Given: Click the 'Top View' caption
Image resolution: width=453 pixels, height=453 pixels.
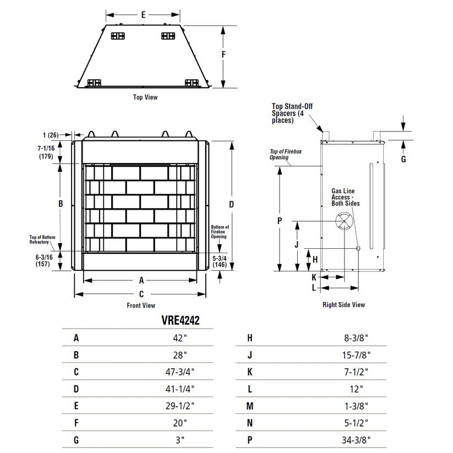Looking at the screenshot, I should [x=145, y=97].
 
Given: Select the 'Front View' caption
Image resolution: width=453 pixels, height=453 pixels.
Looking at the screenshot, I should [x=141, y=305].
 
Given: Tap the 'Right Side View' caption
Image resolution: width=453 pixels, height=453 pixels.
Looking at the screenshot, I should [x=343, y=304].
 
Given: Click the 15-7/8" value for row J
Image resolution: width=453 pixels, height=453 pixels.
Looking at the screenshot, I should [x=356, y=355].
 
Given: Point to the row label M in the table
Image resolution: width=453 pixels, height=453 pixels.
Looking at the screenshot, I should [x=249, y=406].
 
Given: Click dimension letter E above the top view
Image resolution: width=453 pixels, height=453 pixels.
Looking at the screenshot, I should [x=143, y=15].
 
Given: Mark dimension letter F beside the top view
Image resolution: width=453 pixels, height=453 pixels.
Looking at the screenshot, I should [x=223, y=54].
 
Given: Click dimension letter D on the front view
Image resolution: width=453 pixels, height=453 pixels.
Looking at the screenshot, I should [x=231, y=204].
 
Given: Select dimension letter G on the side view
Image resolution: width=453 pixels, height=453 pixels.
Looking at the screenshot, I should [x=403, y=159].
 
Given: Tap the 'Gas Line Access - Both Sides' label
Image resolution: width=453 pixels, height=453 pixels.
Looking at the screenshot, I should [x=345, y=197].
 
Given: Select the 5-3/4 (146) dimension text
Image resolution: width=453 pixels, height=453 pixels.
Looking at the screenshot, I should [x=220, y=261].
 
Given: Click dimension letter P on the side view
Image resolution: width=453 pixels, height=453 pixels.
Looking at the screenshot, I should [x=280, y=221].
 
